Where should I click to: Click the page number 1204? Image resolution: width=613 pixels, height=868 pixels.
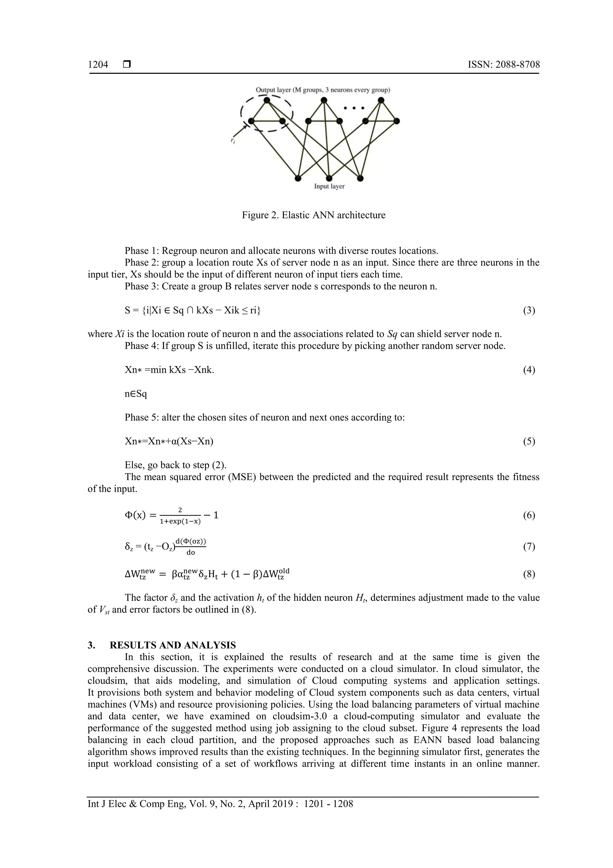(x=98, y=65)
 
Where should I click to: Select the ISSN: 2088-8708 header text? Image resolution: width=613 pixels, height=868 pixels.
(x=503, y=65)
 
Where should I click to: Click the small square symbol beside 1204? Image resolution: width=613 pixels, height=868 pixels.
(x=127, y=65)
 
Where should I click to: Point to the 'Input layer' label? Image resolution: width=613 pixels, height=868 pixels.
(x=329, y=186)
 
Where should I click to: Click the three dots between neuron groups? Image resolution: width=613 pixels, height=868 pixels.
(x=354, y=108)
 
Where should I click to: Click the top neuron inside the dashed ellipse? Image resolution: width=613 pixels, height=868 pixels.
(x=267, y=100)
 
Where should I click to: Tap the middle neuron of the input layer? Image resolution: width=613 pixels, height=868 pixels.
(x=329, y=178)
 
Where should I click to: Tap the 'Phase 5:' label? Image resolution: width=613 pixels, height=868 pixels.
(x=142, y=417)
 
